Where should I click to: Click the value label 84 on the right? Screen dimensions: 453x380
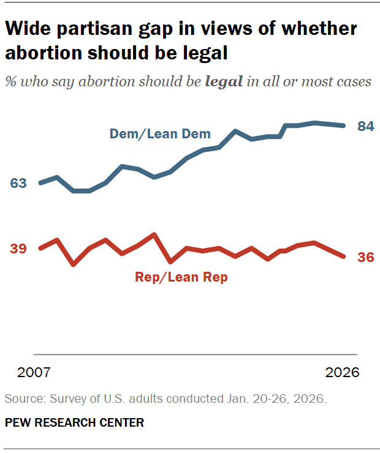tap(366, 127)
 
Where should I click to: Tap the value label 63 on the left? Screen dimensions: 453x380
tap(18, 183)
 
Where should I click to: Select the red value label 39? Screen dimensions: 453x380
tap(18, 248)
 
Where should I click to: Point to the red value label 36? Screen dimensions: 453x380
tap(366, 257)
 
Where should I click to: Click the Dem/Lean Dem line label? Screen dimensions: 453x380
tap(160, 133)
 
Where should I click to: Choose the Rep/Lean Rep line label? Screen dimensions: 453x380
tap(181, 277)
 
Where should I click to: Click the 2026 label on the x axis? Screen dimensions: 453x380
tap(342, 373)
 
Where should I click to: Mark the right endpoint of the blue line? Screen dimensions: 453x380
tap(343, 125)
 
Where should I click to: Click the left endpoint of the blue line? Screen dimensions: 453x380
tap(40, 183)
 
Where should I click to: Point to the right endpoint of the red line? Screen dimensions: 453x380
tap(343, 256)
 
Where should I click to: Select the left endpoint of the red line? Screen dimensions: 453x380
tap(40, 248)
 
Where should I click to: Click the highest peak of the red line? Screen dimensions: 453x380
tap(154, 234)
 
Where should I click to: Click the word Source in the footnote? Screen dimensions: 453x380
tap(22, 399)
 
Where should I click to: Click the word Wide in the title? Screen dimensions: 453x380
tap(25, 29)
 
